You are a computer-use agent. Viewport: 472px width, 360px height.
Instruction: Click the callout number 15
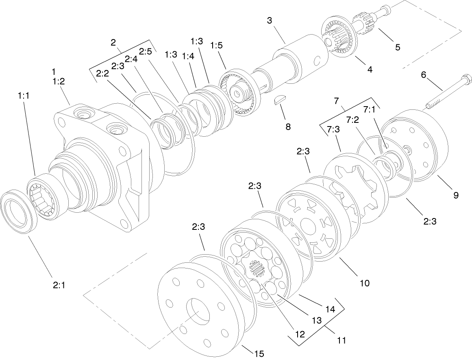point(259,354)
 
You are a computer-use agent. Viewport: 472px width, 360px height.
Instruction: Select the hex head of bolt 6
point(467,79)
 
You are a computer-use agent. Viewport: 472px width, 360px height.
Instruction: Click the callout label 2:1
point(59,285)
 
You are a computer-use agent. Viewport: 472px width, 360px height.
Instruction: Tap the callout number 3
point(270,20)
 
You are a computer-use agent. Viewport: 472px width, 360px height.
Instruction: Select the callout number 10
point(364,283)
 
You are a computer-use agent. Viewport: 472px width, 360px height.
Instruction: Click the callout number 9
point(455,195)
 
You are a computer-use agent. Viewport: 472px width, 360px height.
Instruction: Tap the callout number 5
point(397,47)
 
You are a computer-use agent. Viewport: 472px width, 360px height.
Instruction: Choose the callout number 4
point(370,70)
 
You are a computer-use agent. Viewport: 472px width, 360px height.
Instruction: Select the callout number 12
point(300,334)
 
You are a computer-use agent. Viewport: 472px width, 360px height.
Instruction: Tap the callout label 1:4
point(188,56)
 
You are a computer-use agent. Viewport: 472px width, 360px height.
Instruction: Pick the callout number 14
point(330,310)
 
